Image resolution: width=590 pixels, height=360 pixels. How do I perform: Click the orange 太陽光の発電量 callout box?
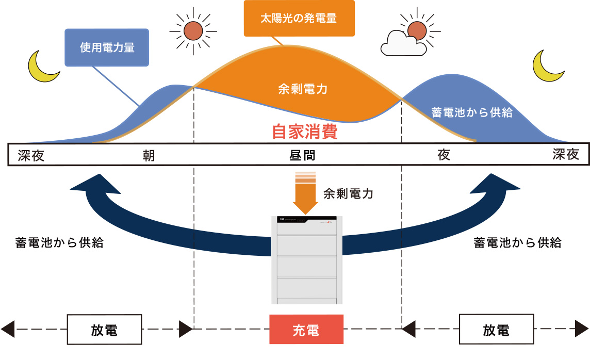point(299,19)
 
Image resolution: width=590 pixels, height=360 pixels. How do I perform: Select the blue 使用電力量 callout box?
point(107,47)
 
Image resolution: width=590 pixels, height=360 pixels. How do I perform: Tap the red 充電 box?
point(306,330)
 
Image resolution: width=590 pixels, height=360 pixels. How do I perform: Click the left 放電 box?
point(104,330)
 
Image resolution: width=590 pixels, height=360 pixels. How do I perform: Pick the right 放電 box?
point(496,330)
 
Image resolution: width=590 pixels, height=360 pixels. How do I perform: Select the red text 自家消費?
point(304,132)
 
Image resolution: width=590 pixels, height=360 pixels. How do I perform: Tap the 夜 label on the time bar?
point(444,155)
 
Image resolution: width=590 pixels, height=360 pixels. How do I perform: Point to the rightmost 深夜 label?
point(566,155)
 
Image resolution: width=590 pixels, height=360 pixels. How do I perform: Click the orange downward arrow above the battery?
point(305,195)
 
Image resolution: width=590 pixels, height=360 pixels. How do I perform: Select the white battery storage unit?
point(306,260)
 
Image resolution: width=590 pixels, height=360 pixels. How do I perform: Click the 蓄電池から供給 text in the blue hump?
point(471,113)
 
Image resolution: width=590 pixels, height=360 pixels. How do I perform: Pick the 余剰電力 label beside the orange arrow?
point(348,194)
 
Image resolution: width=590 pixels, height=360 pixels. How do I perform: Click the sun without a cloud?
point(193,31)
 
